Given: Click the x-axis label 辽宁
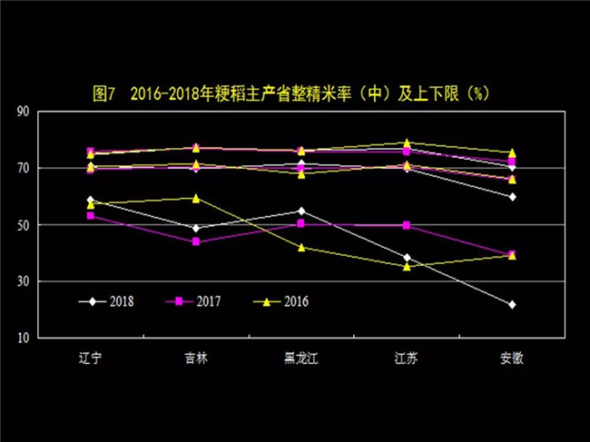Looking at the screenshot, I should [x=90, y=358].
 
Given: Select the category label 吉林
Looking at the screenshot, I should [x=195, y=358].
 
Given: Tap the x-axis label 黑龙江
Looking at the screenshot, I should [x=300, y=358].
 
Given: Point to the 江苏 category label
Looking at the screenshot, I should [x=407, y=358].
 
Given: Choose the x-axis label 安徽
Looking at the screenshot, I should [x=512, y=358].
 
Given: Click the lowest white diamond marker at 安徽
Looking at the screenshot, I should [x=512, y=304].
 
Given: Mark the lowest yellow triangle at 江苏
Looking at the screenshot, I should [x=407, y=266].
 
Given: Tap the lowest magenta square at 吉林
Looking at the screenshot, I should [x=195, y=242].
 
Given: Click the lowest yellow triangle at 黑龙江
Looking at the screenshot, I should [x=300, y=247].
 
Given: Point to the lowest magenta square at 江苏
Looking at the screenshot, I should [x=407, y=225].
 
